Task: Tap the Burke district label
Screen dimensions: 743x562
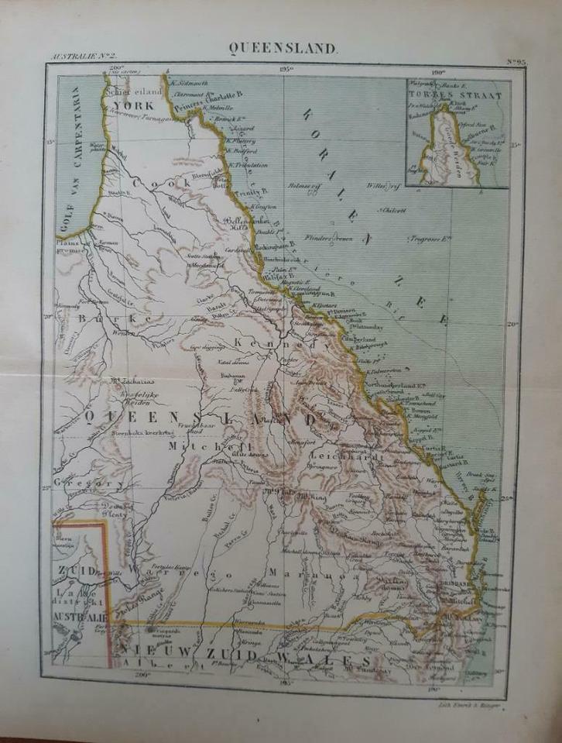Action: click(x=121, y=319)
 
